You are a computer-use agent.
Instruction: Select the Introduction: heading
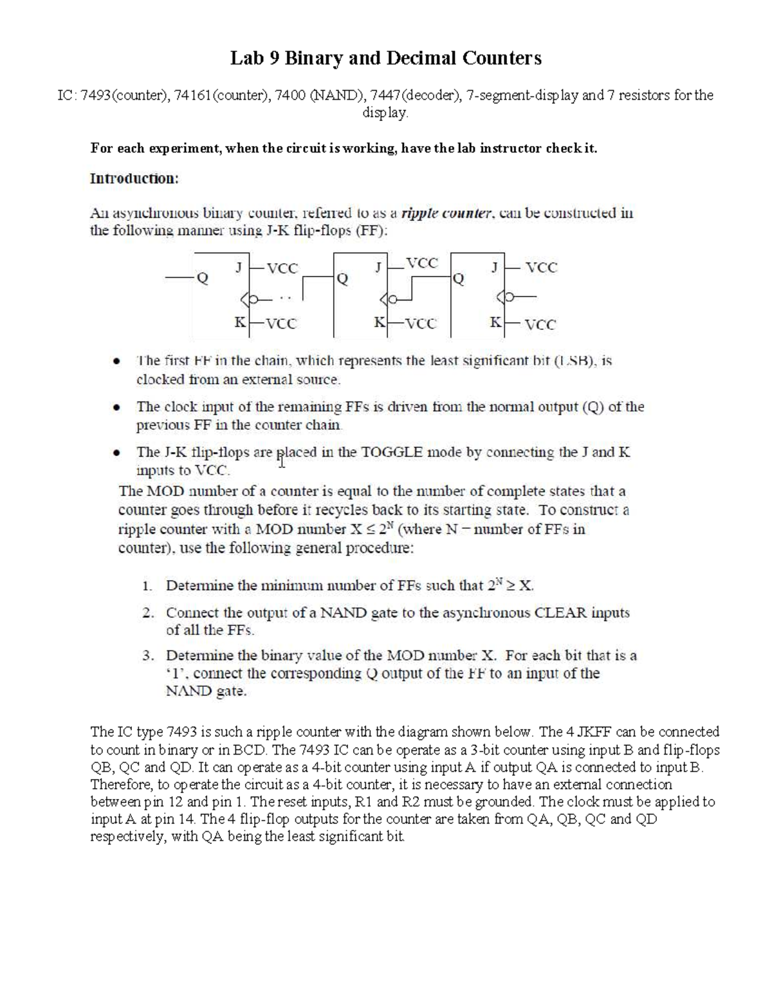click(x=134, y=179)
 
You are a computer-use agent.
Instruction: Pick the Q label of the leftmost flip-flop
click(x=203, y=279)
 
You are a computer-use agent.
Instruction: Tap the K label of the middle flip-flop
click(x=380, y=323)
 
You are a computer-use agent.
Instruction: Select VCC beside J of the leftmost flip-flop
click(x=282, y=269)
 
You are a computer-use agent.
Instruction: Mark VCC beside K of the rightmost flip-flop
click(x=540, y=325)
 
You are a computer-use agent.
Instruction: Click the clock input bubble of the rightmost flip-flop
click(x=510, y=298)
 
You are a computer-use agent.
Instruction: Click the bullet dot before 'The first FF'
click(x=116, y=362)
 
